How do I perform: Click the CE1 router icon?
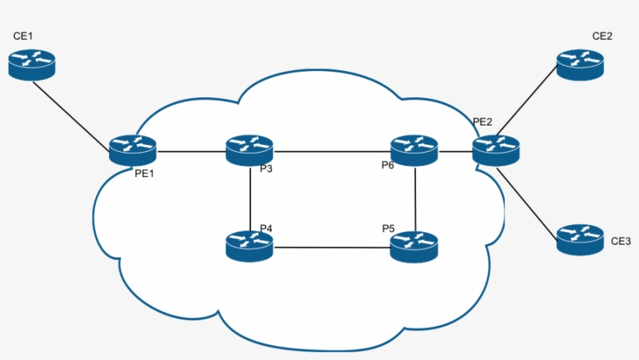[32, 64]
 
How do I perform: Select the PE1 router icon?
[132, 150]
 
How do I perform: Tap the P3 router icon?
[249, 150]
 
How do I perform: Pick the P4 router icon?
[249, 246]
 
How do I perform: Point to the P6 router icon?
[414, 150]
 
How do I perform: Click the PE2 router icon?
[495, 150]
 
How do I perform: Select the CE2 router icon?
[580, 63]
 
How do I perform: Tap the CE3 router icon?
[580, 239]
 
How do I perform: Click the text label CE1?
[24, 37]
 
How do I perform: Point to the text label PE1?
[145, 173]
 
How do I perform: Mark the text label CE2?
[602, 36]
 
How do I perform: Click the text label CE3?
[621, 241]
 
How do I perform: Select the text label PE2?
[482, 122]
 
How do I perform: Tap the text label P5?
[388, 228]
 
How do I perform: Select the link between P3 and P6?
[331, 150]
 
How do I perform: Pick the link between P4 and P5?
[331, 248]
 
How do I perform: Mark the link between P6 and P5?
[415, 198]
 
